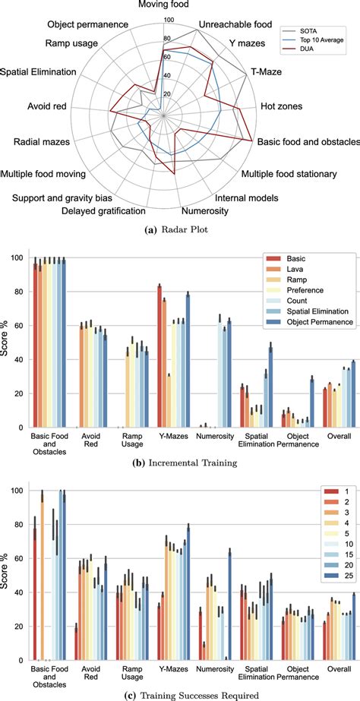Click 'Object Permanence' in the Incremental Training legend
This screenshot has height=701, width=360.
317,343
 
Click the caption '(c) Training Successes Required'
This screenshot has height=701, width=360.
181,692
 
